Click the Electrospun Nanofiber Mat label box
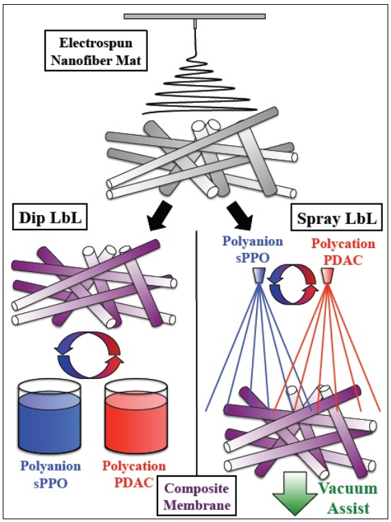tap(96, 51)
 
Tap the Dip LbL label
tap(50, 217)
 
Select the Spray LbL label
tap(337, 218)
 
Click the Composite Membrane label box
tap(197, 496)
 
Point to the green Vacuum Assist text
tap(349, 498)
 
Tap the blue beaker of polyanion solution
tap(49, 417)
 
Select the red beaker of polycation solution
tap(136, 417)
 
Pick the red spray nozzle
tap(327, 276)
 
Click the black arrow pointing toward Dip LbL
tap(159, 215)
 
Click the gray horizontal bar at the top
tap(194, 16)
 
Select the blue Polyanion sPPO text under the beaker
tap(51, 474)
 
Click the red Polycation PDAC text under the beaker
tap(134, 474)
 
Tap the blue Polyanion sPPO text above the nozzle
tap(253, 249)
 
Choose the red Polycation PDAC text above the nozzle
tap(343, 252)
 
